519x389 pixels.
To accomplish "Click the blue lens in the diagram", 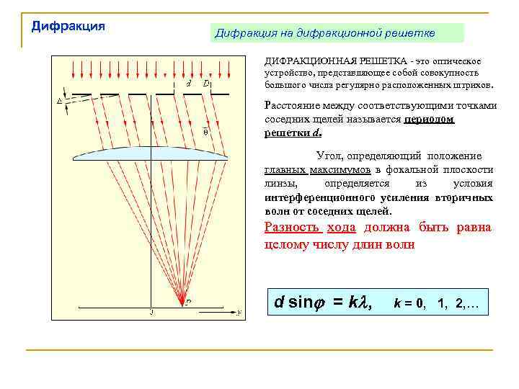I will [151, 153].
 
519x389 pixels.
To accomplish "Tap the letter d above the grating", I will [188, 83].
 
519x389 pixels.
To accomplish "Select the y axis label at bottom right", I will [239, 312].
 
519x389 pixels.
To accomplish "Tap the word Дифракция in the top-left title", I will [68, 26].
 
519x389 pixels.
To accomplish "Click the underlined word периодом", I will [430, 120].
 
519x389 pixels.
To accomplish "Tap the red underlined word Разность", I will [293, 228].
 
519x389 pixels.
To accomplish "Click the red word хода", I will [342, 228].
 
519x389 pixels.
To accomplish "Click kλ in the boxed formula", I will [354, 301].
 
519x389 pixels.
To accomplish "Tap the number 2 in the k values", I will [459, 303].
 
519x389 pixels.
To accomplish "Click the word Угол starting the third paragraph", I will [329, 156].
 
